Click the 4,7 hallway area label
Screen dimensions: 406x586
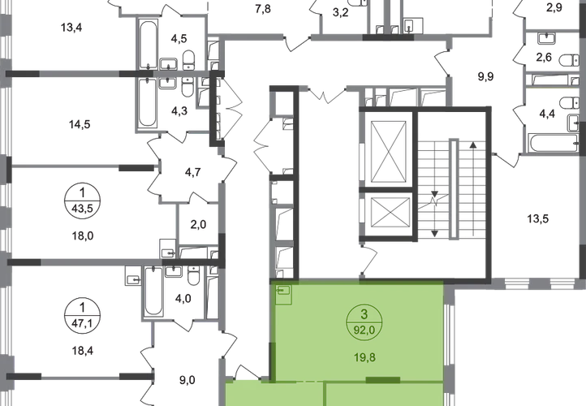pyautogui.click(x=192, y=171)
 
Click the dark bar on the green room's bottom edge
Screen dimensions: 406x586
pyautogui.click(x=383, y=378)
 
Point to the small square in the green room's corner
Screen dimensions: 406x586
pyautogui.click(x=282, y=290)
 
